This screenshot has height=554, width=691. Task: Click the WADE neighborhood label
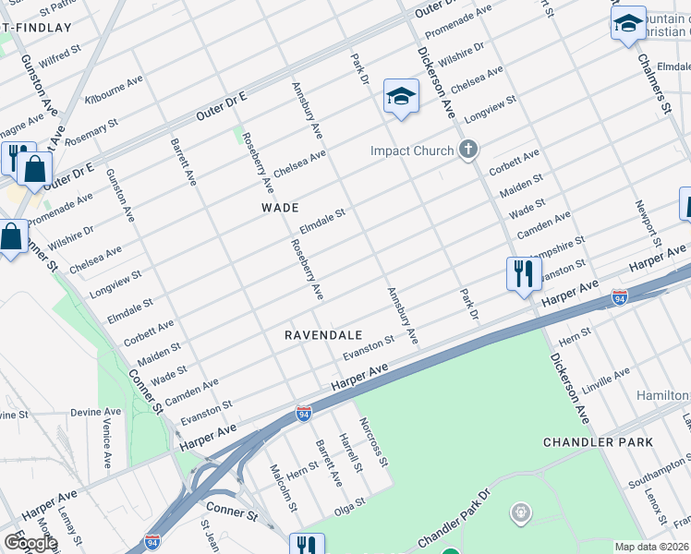(280, 208)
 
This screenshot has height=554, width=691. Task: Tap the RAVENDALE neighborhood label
(323, 335)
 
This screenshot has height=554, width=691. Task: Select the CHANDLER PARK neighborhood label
(598, 442)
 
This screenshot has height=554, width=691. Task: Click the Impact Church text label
(412, 151)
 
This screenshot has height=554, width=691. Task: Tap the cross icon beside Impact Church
(468, 150)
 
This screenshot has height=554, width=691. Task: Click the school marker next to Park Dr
(402, 97)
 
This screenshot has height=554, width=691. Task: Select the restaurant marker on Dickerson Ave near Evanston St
(523, 274)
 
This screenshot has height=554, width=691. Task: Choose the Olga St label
(350, 503)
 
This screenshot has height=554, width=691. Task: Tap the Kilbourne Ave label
(115, 90)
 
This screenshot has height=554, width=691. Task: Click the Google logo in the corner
(30, 543)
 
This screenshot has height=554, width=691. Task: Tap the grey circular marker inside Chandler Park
(522, 511)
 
